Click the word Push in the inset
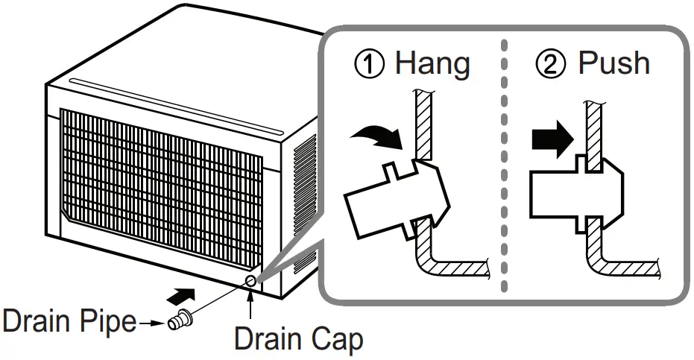tap(613, 63)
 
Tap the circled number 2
tap(551, 65)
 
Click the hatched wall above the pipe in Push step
tap(594, 123)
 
